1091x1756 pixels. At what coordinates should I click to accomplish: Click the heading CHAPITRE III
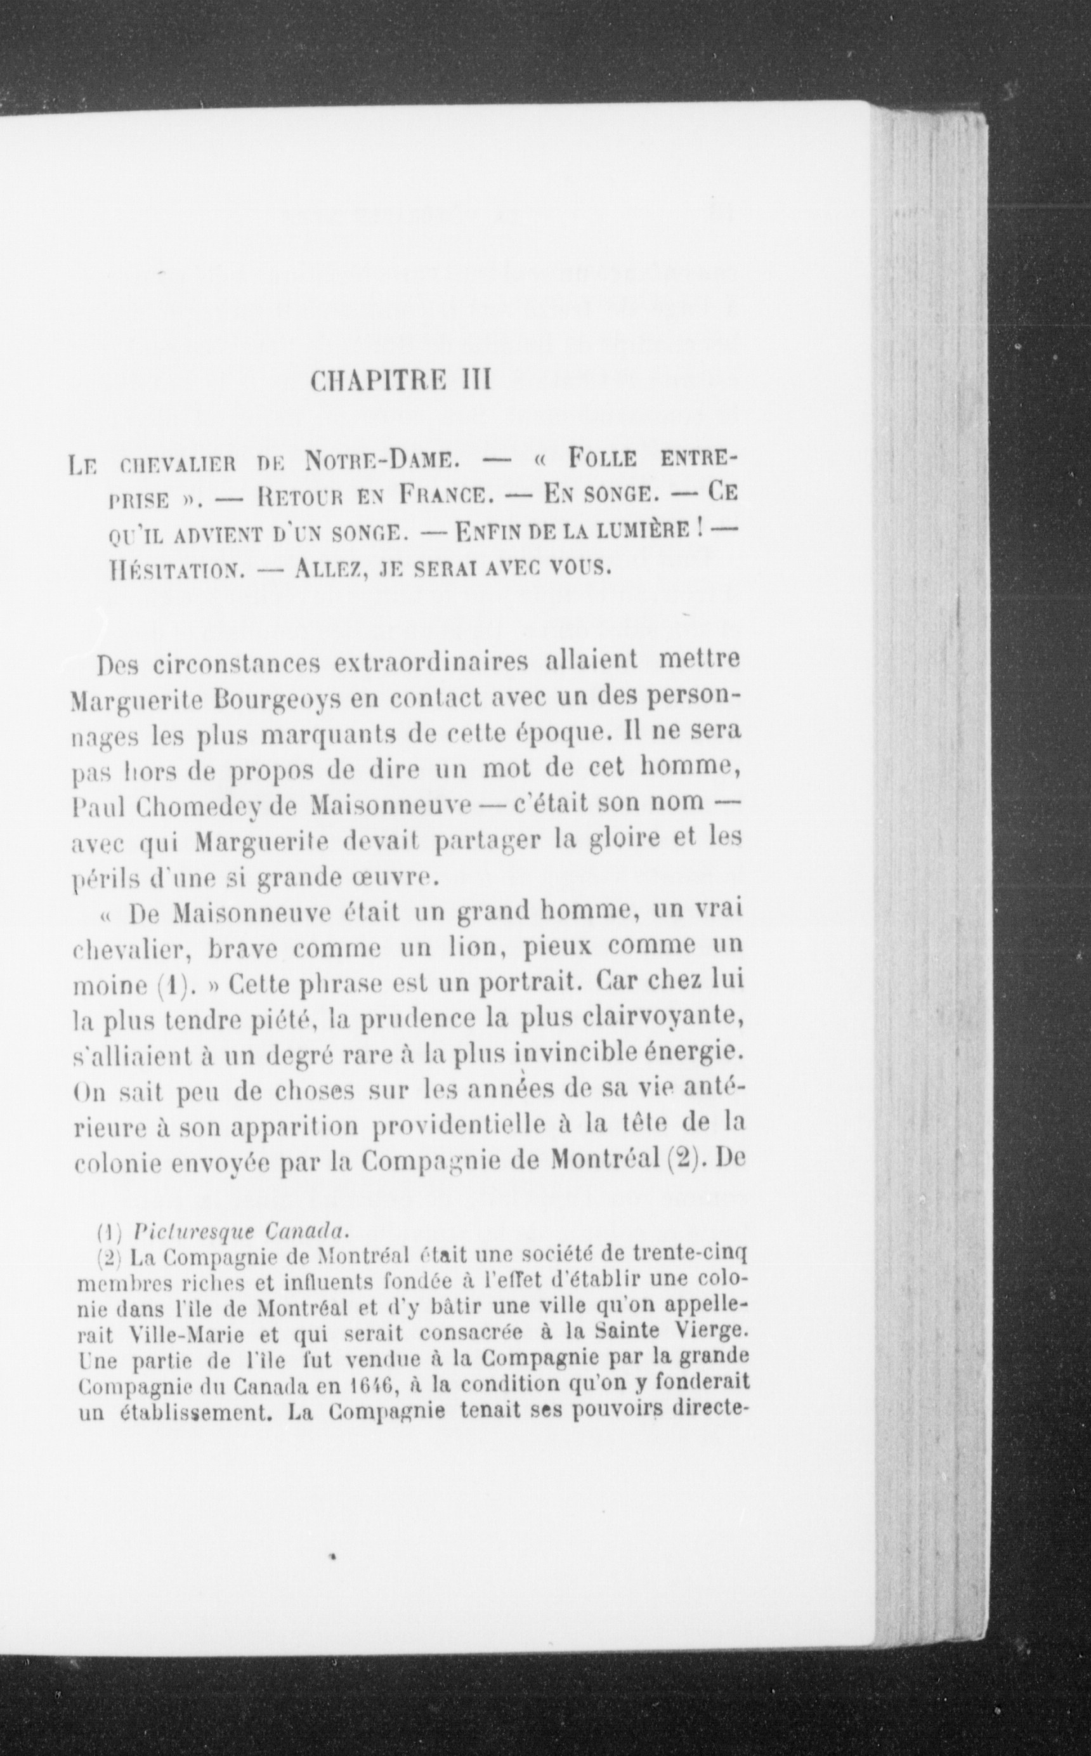400,380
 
